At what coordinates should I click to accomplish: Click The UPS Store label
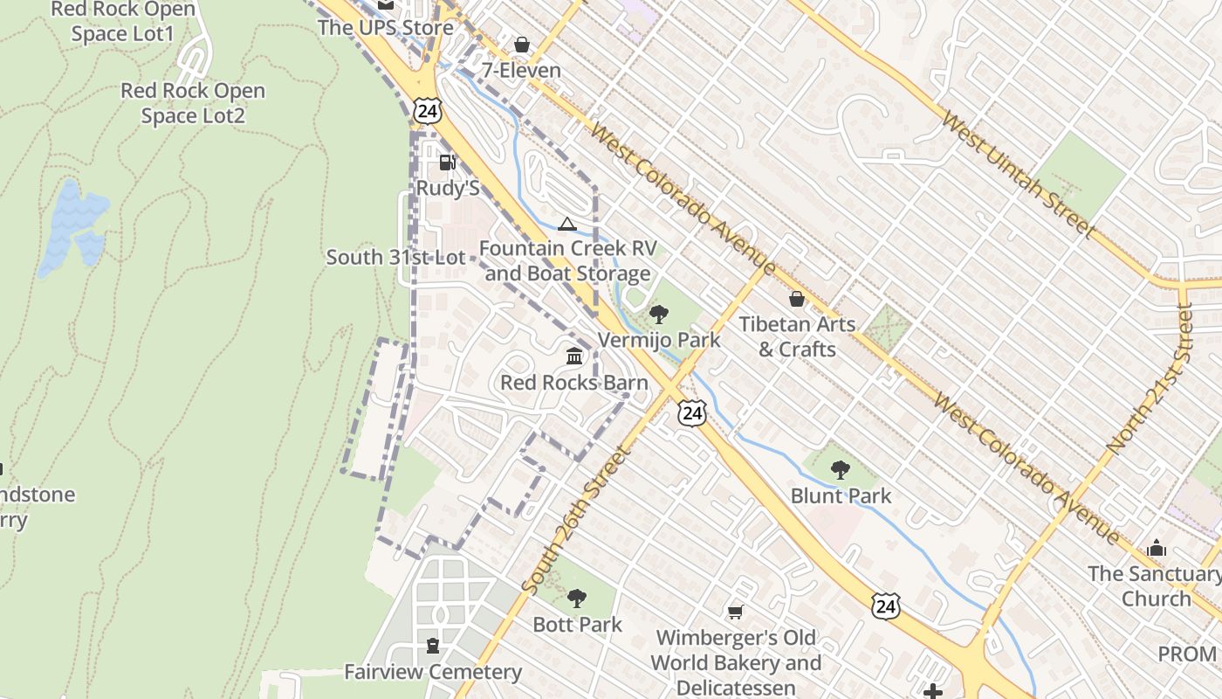(385, 27)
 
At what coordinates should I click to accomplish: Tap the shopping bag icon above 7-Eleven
(522, 45)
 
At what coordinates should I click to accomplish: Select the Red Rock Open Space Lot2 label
(193, 103)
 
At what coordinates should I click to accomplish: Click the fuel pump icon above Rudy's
(447, 162)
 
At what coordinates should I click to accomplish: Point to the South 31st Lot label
(395, 258)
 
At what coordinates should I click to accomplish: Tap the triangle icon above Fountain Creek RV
(567, 225)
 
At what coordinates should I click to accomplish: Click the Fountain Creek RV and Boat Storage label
(567, 261)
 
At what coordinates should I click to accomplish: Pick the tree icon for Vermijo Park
(659, 314)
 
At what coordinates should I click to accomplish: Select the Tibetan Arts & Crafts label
(797, 336)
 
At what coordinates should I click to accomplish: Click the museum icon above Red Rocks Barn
(574, 356)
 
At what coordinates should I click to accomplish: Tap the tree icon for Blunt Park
(841, 470)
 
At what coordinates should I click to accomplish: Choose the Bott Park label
(577, 625)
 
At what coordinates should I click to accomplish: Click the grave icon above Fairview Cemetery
(432, 646)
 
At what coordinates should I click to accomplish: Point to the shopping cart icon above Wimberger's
(736, 612)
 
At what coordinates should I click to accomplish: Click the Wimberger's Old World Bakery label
(737, 662)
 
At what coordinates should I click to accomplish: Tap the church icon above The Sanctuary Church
(1157, 549)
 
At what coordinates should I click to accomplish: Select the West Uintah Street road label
(1018, 176)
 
